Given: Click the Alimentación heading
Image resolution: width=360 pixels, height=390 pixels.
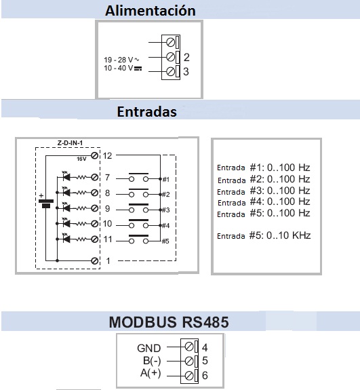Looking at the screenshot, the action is pyautogui.click(x=150, y=11).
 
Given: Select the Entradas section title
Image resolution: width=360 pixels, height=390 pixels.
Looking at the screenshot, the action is pyautogui.click(x=146, y=111).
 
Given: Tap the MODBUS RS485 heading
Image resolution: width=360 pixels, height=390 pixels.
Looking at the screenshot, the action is pyautogui.click(x=169, y=322).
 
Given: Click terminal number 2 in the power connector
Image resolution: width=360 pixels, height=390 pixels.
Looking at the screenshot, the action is pyautogui.click(x=186, y=57).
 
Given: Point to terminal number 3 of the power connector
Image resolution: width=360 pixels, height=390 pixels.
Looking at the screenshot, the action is pyautogui.click(x=186, y=72).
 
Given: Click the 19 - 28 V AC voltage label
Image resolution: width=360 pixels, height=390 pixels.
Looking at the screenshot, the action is pyautogui.click(x=121, y=60).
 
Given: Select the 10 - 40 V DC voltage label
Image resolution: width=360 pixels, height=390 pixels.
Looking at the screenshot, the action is pyautogui.click(x=123, y=68).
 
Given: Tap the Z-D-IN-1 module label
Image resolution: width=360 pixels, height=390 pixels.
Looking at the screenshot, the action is pyautogui.click(x=70, y=143).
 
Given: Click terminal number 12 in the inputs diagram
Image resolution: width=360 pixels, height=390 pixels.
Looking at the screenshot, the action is pyautogui.click(x=107, y=156).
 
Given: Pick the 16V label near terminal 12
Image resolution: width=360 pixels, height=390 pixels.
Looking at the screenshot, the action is pyautogui.click(x=81, y=159).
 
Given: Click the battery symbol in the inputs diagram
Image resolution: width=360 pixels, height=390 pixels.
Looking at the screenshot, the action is pyautogui.click(x=46, y=201).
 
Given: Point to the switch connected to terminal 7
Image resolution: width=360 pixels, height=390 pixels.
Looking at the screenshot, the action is pyautogui.click(x=138, y=177).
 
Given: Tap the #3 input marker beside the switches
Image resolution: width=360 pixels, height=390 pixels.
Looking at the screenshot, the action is pyautogui.click(x=166, y=210).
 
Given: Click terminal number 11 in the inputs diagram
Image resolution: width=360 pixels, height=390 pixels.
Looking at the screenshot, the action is pyautogui.click(x=108, y=239).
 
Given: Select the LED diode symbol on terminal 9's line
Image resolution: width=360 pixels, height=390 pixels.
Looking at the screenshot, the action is pyautogui.click(x=66, y=208).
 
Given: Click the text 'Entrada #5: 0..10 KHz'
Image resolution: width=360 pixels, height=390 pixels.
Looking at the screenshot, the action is pyautogui.click(x=264, y=235).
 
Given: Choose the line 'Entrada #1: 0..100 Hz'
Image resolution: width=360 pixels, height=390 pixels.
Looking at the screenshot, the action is pyautogui.click(x=264, y=168).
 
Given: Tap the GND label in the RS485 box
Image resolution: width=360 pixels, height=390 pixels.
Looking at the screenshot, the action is pyautogui.click(x=149, y=348).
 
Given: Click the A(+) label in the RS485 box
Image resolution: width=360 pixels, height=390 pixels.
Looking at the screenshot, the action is pyautogui.click(x=151, y=373).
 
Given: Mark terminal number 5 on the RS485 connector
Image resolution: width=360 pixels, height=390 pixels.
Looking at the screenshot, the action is pyautogui.click(x=205, y=361).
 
